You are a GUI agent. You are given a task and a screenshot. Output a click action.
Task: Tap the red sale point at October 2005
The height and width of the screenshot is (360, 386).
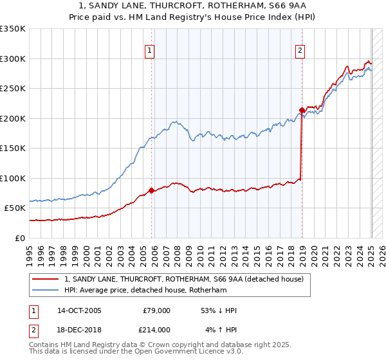pos(151,190)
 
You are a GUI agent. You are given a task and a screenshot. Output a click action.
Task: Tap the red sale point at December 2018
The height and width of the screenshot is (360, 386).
pos(302,110)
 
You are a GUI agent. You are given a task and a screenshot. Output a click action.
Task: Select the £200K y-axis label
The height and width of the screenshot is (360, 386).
pos(13,118)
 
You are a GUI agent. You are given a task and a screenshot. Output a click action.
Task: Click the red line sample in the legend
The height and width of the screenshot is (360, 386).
pos(46,279)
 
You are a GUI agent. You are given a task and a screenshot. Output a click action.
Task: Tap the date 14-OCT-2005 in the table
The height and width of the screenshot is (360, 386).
pos(79,310)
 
